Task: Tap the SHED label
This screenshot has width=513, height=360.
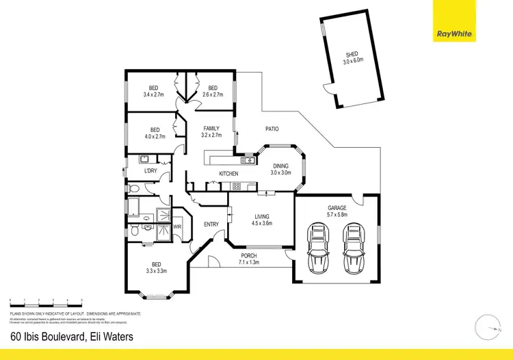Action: (351, 58)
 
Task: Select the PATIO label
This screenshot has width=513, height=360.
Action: (272, 129)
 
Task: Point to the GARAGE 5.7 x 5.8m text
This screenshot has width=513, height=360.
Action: (337, 211)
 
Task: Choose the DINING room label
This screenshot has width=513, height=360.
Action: (281, 169)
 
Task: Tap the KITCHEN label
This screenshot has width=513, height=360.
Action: (228, 174)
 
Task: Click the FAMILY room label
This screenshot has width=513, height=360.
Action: (212, 131)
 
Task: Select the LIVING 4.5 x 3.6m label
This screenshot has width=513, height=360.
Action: (261, 219)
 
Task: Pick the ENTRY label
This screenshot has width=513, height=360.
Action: (211, 224)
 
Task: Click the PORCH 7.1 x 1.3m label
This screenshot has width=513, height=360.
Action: (249, 259)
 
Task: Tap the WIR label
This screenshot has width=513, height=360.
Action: (176, 226)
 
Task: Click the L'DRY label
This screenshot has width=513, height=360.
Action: (151, 170)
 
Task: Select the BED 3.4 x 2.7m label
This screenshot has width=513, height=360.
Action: (155, 91)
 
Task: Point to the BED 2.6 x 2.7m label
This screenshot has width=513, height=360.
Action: (213, 91)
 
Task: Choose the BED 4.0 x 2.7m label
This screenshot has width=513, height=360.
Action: (155, 133)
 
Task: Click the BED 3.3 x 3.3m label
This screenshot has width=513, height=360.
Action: (156, 268)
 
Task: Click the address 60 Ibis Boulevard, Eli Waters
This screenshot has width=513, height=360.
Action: (72, 336)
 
